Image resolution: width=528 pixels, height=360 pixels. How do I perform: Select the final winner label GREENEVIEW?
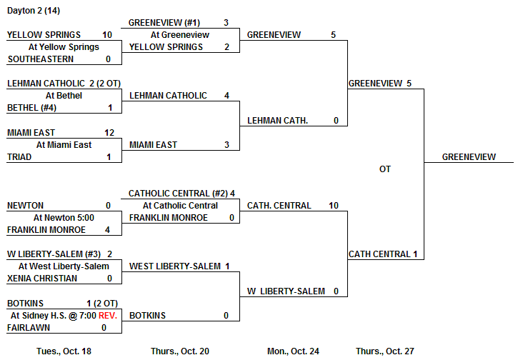click(469, 157)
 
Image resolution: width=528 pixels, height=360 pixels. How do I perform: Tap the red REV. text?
click(107, 315)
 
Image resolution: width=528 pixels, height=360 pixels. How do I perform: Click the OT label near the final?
click(385, 169)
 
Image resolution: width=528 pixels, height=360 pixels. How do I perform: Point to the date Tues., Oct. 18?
click(64, 351)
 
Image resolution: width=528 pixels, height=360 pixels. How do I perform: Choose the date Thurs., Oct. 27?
click(384, 351)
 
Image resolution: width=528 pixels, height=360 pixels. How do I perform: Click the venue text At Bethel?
click(64, 96)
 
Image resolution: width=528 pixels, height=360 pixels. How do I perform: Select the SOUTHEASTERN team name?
click(40, 59)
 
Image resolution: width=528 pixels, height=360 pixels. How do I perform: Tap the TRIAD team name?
click(19, 157)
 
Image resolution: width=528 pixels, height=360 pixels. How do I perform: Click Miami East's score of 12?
click(109, 133)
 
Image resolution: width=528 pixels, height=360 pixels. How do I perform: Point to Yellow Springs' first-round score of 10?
click(107, 34)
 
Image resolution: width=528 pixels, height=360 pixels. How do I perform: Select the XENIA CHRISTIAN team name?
click(42, 279)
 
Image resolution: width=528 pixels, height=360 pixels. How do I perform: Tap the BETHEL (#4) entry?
click(31, 108)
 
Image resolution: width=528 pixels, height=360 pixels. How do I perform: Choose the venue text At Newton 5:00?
click(64, 218)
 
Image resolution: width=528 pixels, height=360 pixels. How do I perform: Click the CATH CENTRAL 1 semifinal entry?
click(382, 254)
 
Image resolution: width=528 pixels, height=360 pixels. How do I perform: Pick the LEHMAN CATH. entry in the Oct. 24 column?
click(278, 121)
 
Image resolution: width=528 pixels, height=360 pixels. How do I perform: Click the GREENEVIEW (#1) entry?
click(164, 23)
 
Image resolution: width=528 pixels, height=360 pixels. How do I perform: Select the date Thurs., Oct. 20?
click(180, 351)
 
